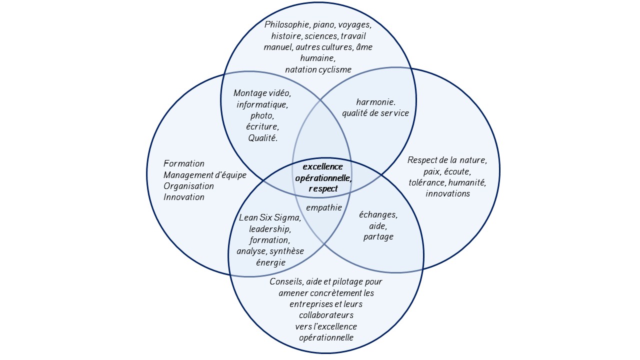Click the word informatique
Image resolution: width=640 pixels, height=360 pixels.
click(262, 104)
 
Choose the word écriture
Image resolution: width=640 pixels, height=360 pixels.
click(262, 126)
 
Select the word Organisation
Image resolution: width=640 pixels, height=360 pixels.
click(188, 186)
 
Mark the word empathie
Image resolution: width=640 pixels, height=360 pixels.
click(324, 207)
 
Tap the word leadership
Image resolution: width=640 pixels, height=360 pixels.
click(269, 229)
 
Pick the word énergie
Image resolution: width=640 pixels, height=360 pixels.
click(269, 262)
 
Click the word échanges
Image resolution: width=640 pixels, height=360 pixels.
click(378, 214)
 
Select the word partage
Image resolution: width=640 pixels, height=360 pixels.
click(378, 236)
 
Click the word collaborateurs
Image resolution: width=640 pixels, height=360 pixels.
click(326, 315)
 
